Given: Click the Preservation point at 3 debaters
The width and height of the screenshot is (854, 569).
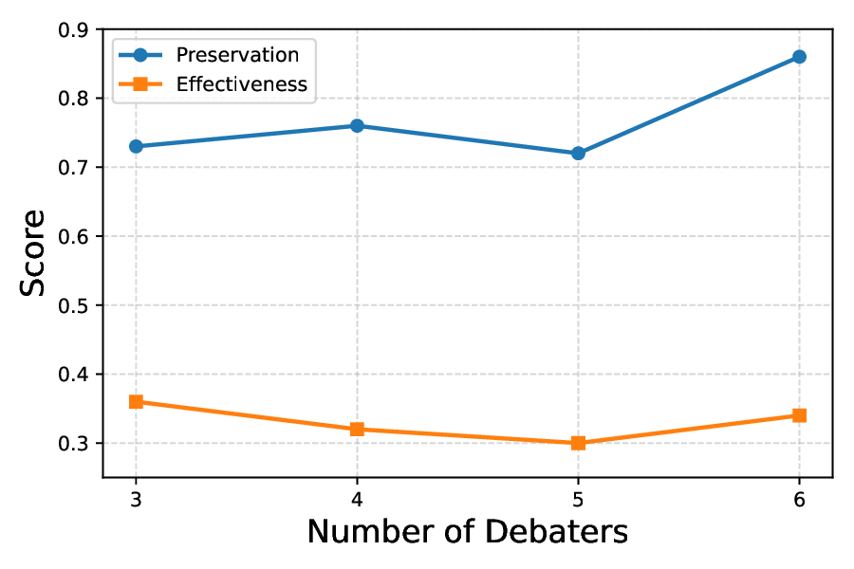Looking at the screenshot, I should coord(136,146).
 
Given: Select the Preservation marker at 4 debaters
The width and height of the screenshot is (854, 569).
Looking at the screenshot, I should coord(357,125).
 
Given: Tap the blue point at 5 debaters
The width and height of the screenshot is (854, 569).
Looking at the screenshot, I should coord(578,153).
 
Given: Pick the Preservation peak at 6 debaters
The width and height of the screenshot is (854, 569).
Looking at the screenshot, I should coord(799,57).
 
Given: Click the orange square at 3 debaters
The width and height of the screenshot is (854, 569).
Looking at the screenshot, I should coord(136,401).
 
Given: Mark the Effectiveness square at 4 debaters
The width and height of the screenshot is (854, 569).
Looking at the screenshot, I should coord(357,429).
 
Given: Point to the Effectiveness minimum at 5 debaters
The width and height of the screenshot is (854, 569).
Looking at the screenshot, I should coord(578,443).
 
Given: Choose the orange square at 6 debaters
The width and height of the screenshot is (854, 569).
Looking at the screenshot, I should coord(799,415).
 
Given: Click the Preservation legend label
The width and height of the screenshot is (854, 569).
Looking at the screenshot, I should coord(237,55).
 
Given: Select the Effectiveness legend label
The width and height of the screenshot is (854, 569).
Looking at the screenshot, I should coord(241,84).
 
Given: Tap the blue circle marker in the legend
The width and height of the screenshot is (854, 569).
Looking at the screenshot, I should coord(140,55).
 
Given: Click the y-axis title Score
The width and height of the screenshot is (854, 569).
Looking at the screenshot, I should coord(33,252).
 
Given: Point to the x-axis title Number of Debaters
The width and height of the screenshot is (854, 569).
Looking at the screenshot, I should coord(467,532).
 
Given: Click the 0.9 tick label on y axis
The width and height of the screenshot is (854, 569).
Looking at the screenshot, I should coord(73,29).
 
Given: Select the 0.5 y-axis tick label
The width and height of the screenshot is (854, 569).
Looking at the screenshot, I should coord(73,305).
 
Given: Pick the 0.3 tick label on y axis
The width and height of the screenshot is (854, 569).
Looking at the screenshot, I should coord(73,444).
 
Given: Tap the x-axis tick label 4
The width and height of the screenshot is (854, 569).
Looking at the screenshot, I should coord(357,496).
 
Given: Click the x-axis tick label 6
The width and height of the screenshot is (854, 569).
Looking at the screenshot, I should coord(799,496).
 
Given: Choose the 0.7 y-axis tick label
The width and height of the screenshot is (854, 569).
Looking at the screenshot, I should coord(73,168).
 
